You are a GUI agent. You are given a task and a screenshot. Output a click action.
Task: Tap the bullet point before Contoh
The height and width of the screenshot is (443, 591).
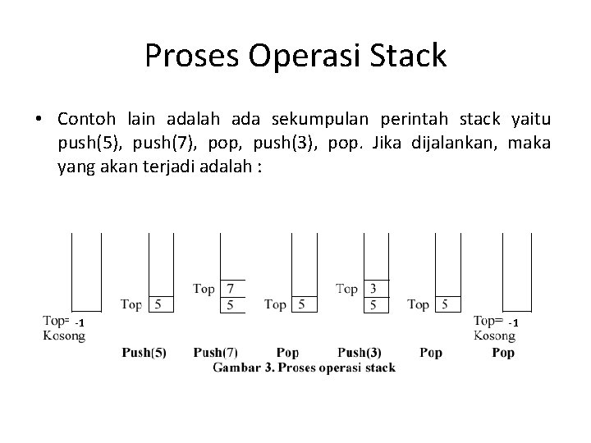[x=39, y=121]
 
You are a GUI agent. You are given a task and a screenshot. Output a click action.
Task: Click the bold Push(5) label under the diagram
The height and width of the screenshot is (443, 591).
[x=144, y=353]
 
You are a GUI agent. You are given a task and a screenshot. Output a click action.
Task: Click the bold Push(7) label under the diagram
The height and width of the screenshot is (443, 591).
[x=216, y=353]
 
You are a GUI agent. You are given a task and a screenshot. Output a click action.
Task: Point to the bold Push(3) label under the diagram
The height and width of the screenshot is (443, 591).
[x=359, y=353]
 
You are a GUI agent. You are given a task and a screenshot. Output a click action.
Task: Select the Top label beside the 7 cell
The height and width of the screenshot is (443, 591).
[x=204, y=289]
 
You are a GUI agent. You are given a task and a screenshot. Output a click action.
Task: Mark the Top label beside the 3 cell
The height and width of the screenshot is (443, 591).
[x=346, y=289]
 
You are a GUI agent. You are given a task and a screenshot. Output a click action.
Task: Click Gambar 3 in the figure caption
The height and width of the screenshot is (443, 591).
[x=244, y=368]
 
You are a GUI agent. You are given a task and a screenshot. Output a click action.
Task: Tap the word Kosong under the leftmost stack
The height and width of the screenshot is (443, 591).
[x=64, y=336]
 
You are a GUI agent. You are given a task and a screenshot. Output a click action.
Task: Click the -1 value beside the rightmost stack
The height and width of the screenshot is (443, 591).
[x=513, y=323]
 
